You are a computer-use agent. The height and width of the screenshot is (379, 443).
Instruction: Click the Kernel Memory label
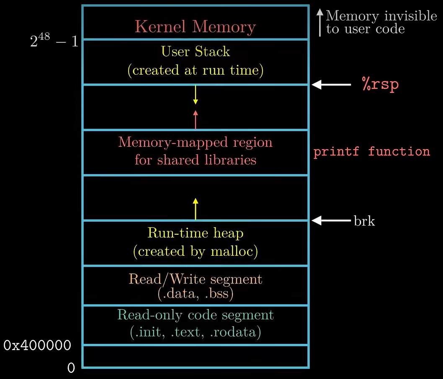(x=195, y=27)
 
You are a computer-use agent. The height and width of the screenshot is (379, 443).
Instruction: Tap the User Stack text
(x=196, y=52)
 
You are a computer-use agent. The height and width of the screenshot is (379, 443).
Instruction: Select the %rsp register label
(x=380, y=84)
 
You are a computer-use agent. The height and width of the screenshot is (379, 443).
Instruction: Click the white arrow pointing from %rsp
(x=331, y=85)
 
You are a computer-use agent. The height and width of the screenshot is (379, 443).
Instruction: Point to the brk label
(x=364, y=221)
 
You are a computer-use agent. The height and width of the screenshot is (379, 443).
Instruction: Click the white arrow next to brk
(x=331, y=220)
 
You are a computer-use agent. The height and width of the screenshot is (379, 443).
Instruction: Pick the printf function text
(x=371, y=151)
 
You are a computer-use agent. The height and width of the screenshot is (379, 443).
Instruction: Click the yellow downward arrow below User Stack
(x=195, y=95)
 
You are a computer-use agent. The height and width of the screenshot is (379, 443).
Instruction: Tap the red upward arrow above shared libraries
(x=195, y=119)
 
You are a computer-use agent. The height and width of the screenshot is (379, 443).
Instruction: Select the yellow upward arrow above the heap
(x=195, y=208)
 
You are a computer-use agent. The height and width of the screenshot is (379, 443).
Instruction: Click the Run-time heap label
(x=195, y=233)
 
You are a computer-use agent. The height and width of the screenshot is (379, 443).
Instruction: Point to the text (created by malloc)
(x=195, y=251)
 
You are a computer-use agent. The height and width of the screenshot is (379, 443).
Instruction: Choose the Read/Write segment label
(x=195, y=279)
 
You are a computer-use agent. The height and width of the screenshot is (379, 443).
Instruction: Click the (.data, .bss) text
(x=195, y=293)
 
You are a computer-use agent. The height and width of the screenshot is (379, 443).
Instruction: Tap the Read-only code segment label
(x=195, y=315)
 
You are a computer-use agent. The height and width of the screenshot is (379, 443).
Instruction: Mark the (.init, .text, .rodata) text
(x=195, y=332)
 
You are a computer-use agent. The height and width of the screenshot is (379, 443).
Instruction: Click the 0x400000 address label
(x=37, y=346)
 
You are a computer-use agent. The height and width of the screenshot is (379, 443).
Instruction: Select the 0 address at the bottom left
(x=71, y=368)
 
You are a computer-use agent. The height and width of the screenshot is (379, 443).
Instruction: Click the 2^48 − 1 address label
(x=54, y=41)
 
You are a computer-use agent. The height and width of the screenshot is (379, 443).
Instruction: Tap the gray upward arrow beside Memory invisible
(x=320, y=23)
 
